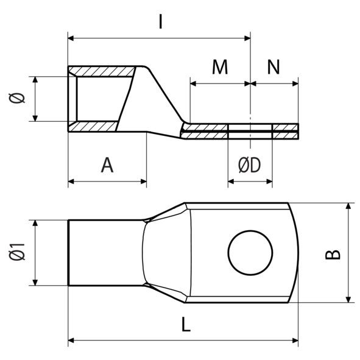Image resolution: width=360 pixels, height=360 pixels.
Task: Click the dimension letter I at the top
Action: [160, 22]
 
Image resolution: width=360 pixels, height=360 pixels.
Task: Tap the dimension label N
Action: [274, 68]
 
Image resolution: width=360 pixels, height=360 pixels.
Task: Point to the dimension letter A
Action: [107, 164]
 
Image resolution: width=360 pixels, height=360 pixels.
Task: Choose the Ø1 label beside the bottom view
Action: [18, 252]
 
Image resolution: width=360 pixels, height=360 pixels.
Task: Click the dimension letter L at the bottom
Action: [186, 325]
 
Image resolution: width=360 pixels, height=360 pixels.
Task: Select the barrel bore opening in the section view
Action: [101, 99]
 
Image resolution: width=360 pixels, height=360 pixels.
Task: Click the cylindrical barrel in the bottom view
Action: [104, 252]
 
